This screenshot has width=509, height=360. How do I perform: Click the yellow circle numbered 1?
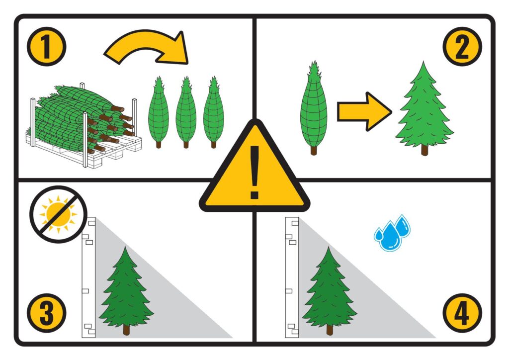(x=46, y=47)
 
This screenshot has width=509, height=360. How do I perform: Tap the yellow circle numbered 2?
(x=462, y=47)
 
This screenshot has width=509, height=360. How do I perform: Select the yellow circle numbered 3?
(x=46, y=313)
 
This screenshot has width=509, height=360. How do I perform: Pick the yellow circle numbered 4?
(x=462, y=313)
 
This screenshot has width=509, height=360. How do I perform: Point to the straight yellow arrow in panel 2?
(x=364, y=112)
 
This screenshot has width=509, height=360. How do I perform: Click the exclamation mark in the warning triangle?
(x=254, y=172)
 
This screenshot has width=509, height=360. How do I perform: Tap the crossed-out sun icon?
(x=59, y=214)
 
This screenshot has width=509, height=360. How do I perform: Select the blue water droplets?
(x=392, y=233)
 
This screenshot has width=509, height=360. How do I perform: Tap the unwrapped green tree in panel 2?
(x=424, y=109)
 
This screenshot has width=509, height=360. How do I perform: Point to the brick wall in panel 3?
(x=88, y=277)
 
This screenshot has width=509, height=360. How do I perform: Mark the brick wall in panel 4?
(x=292, y=277)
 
